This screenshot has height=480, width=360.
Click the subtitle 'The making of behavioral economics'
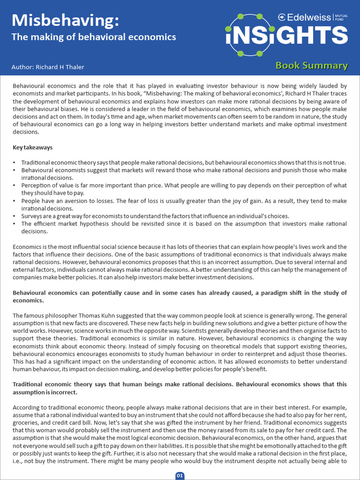click(94, 37)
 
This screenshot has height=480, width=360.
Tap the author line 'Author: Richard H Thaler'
click(48, 67)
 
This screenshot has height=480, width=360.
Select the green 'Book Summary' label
click(311, 66)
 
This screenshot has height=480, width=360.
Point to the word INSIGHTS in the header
click(287, 36)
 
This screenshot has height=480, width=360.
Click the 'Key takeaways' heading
click(33, 148)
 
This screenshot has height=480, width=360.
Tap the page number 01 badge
click(180, 475)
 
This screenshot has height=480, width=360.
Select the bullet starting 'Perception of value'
click(184, 189)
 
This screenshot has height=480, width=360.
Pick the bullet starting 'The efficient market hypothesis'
click(184, 228)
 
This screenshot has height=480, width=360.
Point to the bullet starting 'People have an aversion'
click(184, 205)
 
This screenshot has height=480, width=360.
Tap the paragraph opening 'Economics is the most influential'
click(180, 262)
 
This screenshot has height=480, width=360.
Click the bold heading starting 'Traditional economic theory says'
click(180, 388)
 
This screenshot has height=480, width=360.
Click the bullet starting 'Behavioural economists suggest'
click(184, 174)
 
